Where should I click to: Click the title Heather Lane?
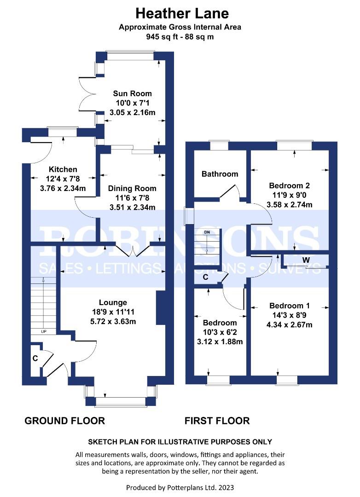point(182,14)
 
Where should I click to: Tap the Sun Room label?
point(132,93)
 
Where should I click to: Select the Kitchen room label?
point(63,169)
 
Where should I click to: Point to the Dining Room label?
point(132,188)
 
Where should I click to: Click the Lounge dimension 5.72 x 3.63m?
point(113,321)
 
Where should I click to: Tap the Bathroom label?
point(220,173)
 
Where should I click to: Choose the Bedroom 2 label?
point(289,185)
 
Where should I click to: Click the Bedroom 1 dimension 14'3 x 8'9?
point(289,315)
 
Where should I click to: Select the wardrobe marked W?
point(306,260)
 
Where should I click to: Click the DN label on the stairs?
point(207,232)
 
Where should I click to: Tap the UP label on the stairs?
point(44,331)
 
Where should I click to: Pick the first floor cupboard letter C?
point(205,277)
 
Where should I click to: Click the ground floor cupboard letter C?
point(35,358)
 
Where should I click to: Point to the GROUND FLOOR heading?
point(65,421)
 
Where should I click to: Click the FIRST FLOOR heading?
point(217,421)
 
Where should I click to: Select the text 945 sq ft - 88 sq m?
point(180,37)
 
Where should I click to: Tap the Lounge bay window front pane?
point(121,402)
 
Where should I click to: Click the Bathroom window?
point(220,145)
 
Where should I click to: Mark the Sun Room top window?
point(130,55)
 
